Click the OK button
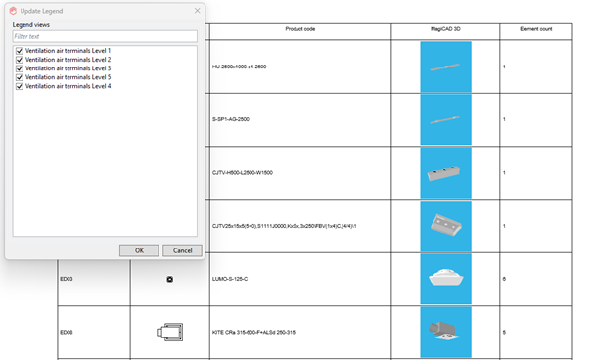[139, 250]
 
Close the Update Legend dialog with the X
[197, 11]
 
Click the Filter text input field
[105, 36]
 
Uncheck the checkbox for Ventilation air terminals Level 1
[20, 51]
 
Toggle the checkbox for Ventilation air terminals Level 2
[20, 60]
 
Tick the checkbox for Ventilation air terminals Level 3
[20, 68]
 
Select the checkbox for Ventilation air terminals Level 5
[20, 77]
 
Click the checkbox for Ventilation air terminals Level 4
[20, 86]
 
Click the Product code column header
[300, 29]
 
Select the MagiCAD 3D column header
[445, 29]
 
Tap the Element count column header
[536, 29]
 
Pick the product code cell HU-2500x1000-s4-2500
[240, 67]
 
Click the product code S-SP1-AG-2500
[231, 119]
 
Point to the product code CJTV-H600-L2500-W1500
[243, 173]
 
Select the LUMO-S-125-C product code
[230, 279]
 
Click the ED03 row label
[67, 279]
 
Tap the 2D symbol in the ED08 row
[170, 332]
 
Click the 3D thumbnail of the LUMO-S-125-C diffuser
[446, 279]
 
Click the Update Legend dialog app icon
[13, 11]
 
